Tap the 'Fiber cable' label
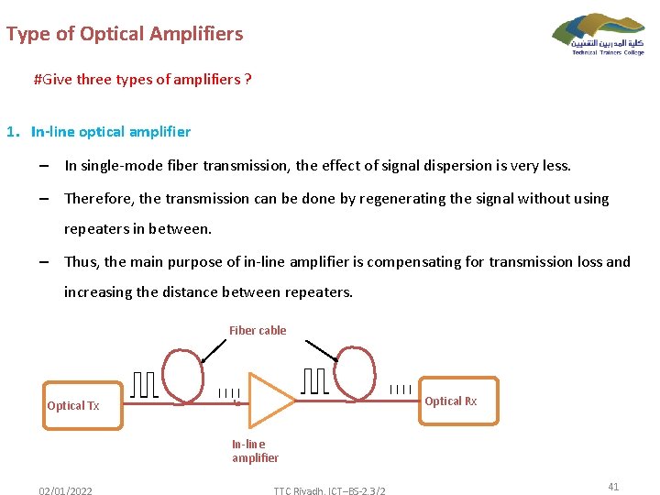(x=258, y=331)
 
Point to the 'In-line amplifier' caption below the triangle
(x=255, y=451)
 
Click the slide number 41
(x=613, y=487)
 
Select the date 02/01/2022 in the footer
(x=65, y=491)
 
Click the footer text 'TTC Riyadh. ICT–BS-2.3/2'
(x=329, y=491)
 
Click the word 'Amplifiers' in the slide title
(x=198, y=35)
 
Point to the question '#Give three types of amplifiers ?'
(x=142, y=79)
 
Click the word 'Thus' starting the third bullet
(x=82, y=261)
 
